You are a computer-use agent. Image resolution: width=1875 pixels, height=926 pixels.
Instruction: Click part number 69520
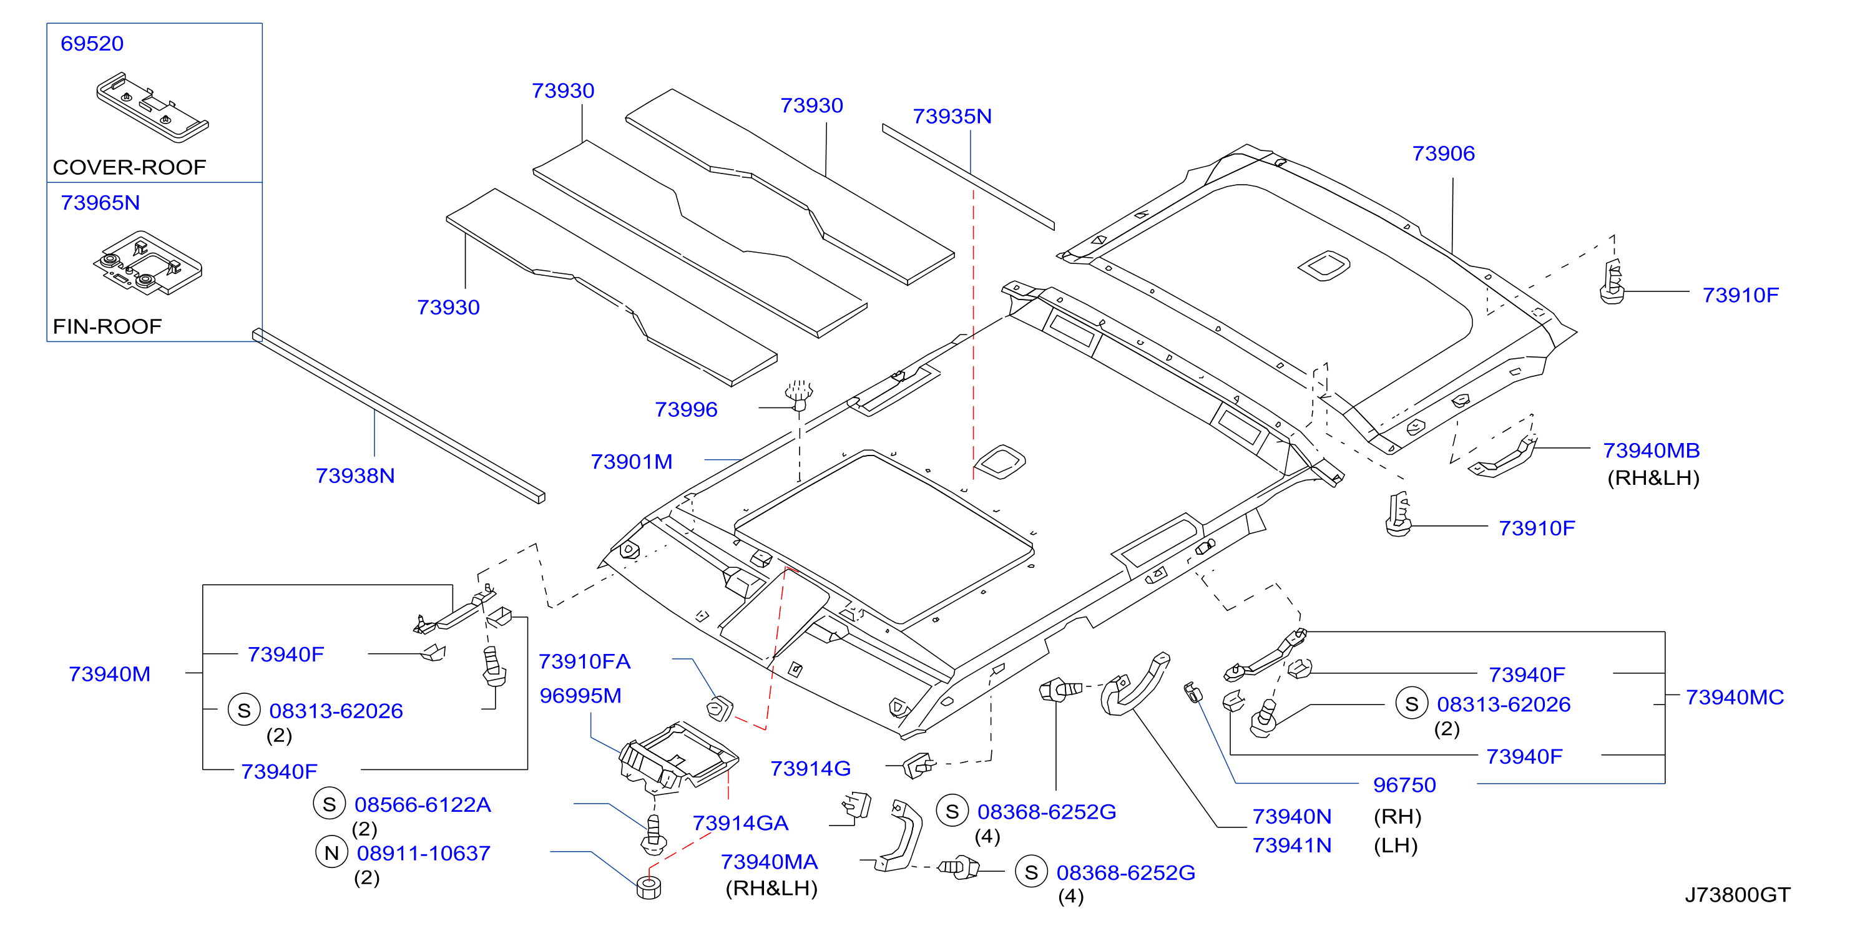coord(92,44)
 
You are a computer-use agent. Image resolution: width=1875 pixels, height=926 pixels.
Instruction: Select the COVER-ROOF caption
coord(130,167)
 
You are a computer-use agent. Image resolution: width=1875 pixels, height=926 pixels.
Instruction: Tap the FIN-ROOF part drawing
coord(148,263)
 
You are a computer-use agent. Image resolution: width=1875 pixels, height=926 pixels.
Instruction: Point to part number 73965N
coord(100,202)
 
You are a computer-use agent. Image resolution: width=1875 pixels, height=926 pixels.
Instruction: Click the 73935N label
coord(952,117)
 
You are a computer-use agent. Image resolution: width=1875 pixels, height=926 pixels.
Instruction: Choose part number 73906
coord(1443,154)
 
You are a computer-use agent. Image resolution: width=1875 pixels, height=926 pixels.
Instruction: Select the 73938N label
coord(355,475)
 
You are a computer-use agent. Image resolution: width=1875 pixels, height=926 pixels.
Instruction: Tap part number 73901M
coord(631,462)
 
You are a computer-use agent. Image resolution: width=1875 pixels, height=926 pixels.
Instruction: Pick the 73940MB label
coord(1651,451)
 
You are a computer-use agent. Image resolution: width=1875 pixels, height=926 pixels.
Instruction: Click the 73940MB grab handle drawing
coord(1502,457)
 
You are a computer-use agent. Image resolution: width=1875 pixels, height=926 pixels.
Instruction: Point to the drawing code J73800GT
coord(1738,895)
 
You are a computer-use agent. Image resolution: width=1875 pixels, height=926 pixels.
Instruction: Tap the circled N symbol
coord(331,852)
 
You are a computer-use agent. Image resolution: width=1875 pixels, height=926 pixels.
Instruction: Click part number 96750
coord(1404,785)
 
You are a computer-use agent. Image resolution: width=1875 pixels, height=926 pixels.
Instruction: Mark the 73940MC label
coord(1735,697)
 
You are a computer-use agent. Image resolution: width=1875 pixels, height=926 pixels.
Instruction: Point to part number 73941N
coord(1292,846)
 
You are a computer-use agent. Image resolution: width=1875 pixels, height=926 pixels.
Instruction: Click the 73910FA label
coord(584,661)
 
